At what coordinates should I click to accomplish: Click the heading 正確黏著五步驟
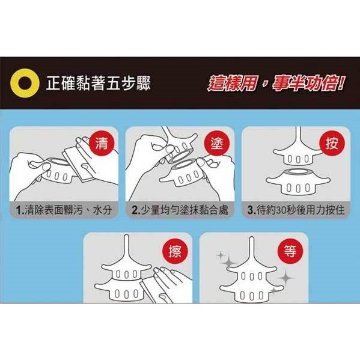coord(99,83)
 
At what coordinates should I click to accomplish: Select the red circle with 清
coord(102,143)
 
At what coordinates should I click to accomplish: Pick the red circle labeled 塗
coord(217,143)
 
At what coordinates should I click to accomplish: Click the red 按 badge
coord(332,143)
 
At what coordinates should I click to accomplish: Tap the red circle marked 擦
coord(175,251)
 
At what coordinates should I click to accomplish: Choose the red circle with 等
coord(290,251)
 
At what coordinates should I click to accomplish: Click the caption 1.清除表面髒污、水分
coord(64,210)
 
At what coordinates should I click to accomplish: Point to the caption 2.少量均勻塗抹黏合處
coord(180,210)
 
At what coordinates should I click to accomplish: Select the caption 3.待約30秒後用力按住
coord(296,210)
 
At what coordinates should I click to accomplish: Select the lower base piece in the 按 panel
coord(298,182)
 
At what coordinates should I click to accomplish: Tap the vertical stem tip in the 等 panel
coord(252,239)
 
